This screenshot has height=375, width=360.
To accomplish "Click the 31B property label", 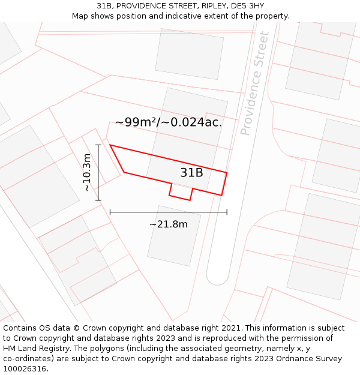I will coord(191,173).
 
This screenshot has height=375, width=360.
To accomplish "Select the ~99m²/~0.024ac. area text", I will coord(169,122).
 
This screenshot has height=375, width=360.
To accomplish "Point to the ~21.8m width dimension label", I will coord(168,224).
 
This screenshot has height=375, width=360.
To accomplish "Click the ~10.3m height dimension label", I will coord(87,172).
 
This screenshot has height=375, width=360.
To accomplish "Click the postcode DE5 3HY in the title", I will coord(246,5).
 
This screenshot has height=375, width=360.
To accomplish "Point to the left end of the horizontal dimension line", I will coord(110,212).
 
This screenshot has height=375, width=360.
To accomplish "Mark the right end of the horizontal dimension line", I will coord(227,212).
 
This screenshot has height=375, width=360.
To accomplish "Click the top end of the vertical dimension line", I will coord(98,145).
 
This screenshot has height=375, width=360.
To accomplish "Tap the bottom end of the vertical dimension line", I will coord(98,200).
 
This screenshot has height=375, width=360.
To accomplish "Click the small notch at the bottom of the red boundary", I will coord(181,193).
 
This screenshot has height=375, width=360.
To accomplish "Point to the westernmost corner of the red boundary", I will coord(110,145).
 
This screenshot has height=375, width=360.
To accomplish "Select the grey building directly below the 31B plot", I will coord(173,235).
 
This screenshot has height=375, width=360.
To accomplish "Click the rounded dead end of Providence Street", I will coord(217,277).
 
